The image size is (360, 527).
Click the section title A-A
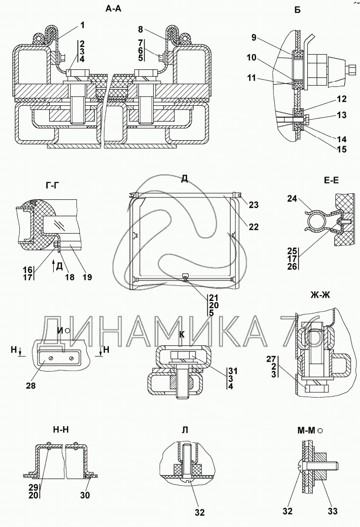tap(113, 9)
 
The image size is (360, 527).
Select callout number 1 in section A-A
tap(82, 25)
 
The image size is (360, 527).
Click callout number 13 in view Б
tap(341, 115)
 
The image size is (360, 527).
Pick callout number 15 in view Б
tap(341, 149)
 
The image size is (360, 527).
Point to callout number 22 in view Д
tap(254, 227)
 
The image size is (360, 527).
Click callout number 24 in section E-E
tap(292, 199)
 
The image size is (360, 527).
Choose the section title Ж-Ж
tap(320, 295)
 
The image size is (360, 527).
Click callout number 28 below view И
tap(32, 385)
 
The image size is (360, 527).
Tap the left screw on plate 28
tap(50, 359)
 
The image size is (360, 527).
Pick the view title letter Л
tap(185, 430)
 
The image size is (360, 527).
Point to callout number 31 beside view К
tap(233, 371)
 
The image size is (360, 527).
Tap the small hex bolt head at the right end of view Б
tap(351, 70)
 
